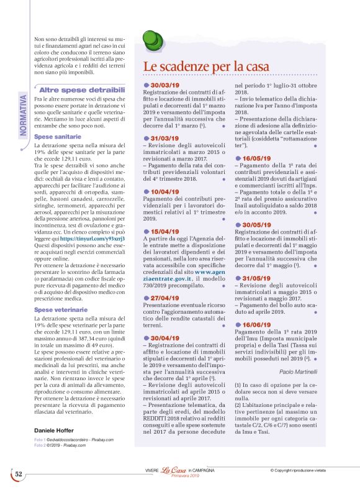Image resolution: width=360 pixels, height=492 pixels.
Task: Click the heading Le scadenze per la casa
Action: [206, 66]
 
